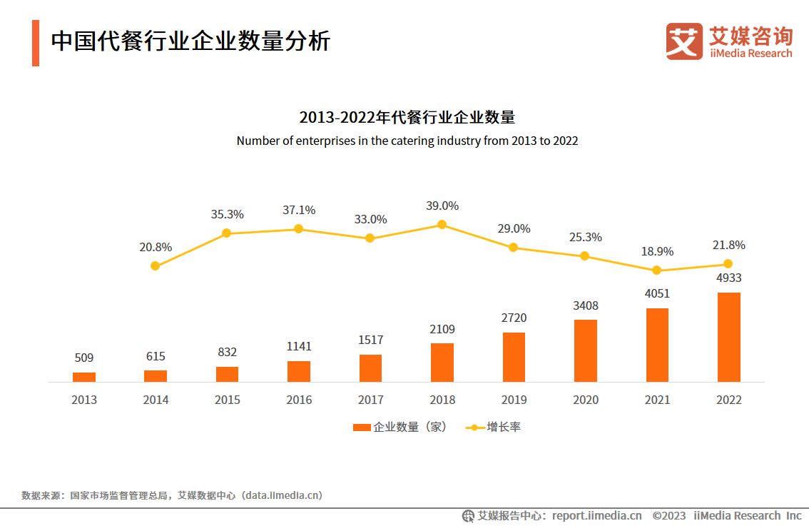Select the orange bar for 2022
click(728, 337)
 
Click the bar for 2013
click(83, 377)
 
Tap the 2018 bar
click(442, 363)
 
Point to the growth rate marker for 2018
click(442, 224)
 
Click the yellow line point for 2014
click(155, 266)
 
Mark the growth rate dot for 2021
click(656, 270)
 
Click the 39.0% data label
click(442, 206)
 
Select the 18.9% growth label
click(656, 251)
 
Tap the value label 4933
click(728, 278)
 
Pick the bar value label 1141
click(298, 346)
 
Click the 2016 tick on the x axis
click(298, 400)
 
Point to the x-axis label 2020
click(585, 400)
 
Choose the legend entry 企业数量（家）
click(400, 427)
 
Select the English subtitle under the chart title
click(407, 141)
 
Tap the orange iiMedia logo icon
click(684, 41)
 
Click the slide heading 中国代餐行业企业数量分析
click(190, 41)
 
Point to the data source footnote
click(171, 495)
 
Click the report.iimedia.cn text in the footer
click(596, 515)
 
